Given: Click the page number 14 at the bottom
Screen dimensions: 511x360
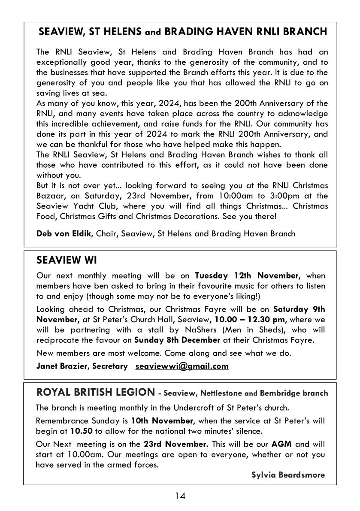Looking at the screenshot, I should pyautogui.click(x=180, y=496).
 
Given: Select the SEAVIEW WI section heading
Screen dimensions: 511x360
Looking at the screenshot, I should pyautogui.click(x=67, y=260).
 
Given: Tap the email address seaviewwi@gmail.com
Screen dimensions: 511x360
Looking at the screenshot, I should pyautogui.click(x=182, y=366).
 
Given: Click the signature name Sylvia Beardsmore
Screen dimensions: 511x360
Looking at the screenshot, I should pyautogui.click(x=288, y=475).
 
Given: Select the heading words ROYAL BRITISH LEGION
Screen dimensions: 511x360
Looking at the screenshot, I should pyautogui.click(x=95, y=392).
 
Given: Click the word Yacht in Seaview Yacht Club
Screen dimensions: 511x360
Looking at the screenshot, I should pyautogui.click(x=79, y=206).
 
